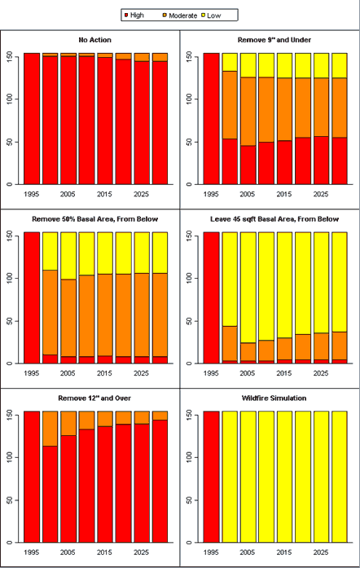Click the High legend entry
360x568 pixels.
tap(134, 15)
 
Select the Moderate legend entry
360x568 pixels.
tap(180, 15)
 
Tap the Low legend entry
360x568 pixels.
tap(211, 15)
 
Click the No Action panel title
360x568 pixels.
tap(95, 40)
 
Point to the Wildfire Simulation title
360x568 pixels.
tap(274, 398)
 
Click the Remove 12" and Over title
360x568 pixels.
tap(94, 398)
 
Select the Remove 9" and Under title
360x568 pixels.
tap(274, 40)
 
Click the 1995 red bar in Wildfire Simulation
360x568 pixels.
tap(211, 477)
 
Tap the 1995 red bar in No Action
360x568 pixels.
tap(32, 118)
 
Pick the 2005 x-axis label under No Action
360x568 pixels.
tap(68, 194)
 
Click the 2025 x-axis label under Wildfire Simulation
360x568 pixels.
tap(321, 553)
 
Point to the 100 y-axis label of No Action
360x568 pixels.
tap(10, 99)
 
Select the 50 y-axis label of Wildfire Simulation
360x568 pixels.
tap(189, 500)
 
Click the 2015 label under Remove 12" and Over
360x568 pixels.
tap(104, 553)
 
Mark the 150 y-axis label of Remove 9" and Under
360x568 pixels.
tap(189, 56)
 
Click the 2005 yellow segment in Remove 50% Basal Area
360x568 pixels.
tap(68, 256)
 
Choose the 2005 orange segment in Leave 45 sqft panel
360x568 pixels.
tap(248, 351)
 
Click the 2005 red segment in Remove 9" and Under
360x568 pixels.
tap(248, 165)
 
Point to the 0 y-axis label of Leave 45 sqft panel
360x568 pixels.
tap(189, 363)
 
